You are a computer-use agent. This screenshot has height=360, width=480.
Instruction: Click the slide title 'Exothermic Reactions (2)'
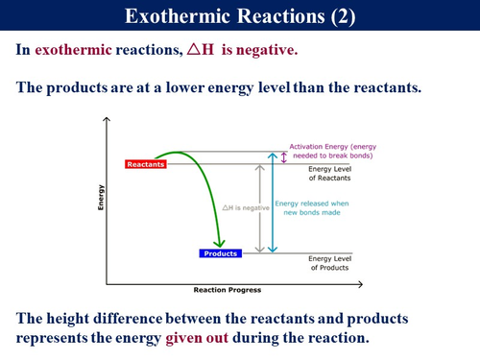pyautogui.click(x=240, y=17)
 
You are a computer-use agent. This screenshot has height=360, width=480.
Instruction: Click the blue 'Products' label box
pyautogui.click(x=220, y=252)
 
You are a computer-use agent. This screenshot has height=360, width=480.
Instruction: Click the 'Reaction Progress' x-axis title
pyautogui.click(x=227, y=289)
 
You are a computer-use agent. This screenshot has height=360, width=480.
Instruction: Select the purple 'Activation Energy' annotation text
pyautogui.click(x=325, y=151)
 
